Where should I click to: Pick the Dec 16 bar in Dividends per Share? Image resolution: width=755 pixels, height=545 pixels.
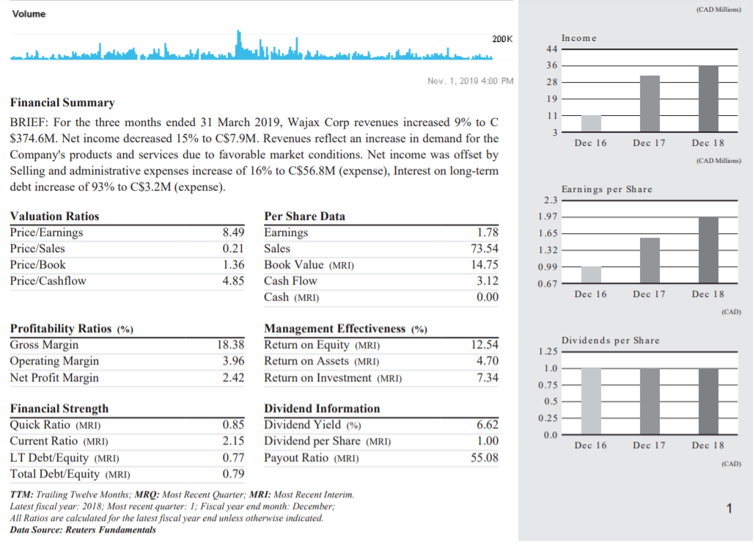tap(591, 401)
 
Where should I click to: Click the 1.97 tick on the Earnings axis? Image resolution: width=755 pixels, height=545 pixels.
tap(548, 216)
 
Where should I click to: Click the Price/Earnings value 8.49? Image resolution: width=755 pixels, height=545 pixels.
tap(232, 233)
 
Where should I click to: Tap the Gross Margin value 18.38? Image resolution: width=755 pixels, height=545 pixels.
tap(230, 345)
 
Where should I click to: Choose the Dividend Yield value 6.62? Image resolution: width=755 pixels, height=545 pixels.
tap(487, 425)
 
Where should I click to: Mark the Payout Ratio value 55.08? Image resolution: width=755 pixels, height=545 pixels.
tap(484, 458)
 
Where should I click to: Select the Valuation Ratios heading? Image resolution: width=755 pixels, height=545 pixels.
tap(54, 216)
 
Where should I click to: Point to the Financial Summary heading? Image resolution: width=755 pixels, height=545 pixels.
tap(62, 103)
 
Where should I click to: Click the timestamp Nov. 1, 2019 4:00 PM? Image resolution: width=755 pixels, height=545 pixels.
tap(470, 81)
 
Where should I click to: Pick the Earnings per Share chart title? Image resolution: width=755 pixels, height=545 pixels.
tap(606, 189)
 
